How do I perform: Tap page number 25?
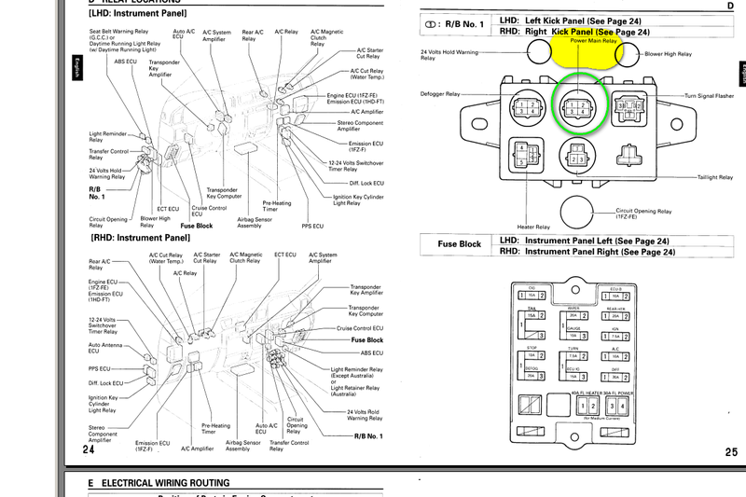point(729,451)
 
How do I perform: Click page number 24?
point(89,449)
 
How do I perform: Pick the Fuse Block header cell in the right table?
point(459,245)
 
